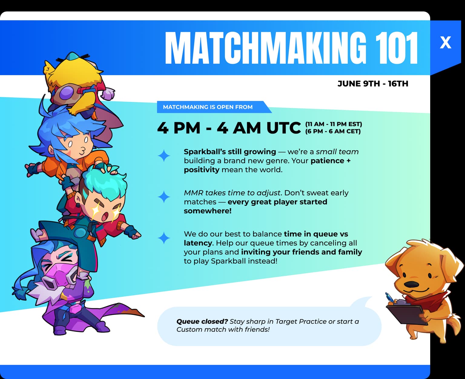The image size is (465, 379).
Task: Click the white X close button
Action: pyautogui.click(x=445, y=42)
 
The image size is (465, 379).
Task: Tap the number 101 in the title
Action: pyautogui.click(x=397, y=48)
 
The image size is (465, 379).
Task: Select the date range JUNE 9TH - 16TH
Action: pyautogui.click(x=373, y=84)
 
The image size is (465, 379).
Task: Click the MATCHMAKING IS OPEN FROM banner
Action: pyautogui.click(x=208, y=107)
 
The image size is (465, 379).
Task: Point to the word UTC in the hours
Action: pyautogui.click(x=283, y=128)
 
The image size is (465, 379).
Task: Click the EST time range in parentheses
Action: pyautogui.click(x=334, y=124)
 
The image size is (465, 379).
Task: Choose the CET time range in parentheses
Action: pyautogui.click(x=333, y=131)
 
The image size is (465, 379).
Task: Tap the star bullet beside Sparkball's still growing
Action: pyautogui.click(x=164, y=156)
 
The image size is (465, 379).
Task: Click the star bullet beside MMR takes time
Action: pyautogui.click(x=164, y=197)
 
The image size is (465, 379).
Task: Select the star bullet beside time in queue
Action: pyautogui.click(x=164, y=238)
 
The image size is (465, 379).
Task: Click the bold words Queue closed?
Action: pyautogui.click(x=202, y=321)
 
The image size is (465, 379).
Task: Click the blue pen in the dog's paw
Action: pyautogui.click(x=389, y=297)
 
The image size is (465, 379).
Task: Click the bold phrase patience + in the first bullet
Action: pyautogui.click(x=330, y=161)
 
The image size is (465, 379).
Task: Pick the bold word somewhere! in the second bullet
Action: pyautogui.click(x=207, y=211)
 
